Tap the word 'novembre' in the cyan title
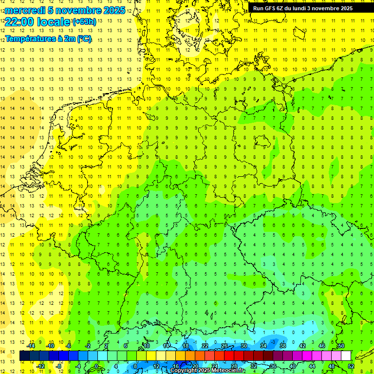pos(75,10)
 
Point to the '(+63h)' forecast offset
pos(84,21)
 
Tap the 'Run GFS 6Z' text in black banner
pos(269,8)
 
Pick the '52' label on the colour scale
pos(351,366)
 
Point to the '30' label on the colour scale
pos(243,346)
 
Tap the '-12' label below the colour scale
pos(41,366)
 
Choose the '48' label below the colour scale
pos(331,366)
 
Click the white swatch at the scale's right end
pos(346,356)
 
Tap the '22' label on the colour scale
pos(205,346)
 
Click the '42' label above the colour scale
pos(302,346)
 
